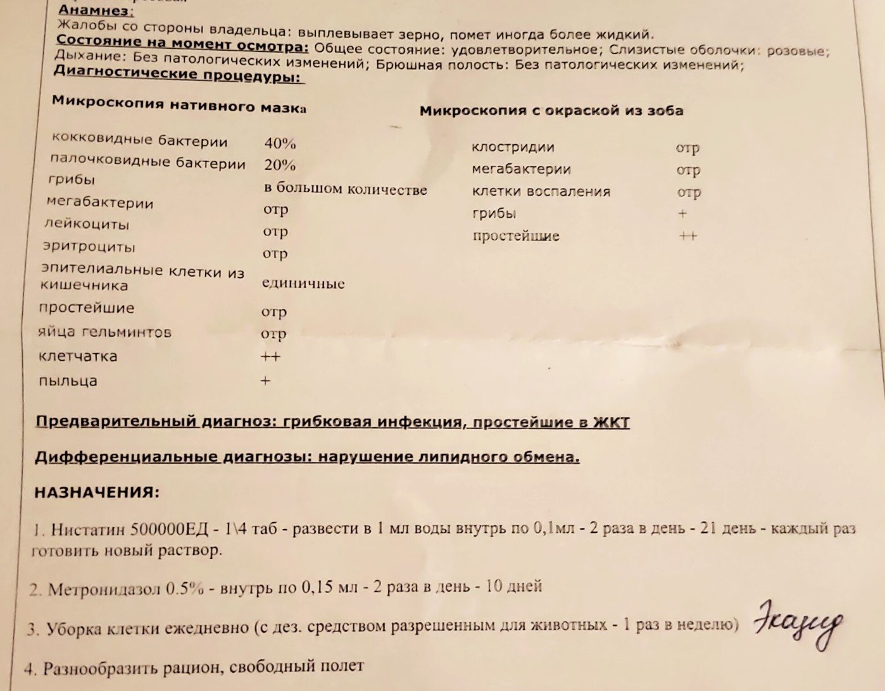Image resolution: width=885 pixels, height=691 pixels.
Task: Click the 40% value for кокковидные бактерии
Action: click(280, 143)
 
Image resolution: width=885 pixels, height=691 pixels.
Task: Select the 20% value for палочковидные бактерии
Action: click(280, 165)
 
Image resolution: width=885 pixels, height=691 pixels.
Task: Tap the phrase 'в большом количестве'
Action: click(345, 189)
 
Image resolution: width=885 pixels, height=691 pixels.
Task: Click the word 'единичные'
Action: click(303, 283)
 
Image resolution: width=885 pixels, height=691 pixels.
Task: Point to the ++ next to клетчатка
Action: click(270, 356)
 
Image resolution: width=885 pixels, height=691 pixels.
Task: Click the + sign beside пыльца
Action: click(265, 381)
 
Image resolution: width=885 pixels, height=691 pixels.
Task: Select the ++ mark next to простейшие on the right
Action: click(687, 235)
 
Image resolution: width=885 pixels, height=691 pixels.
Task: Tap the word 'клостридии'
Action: click(513, 147)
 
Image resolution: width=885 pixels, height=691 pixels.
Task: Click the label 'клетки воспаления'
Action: click(541, 191)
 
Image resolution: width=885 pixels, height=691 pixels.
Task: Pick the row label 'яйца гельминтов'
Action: click(104, 332)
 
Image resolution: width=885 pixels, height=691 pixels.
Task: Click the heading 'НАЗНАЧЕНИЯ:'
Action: click(97, 492)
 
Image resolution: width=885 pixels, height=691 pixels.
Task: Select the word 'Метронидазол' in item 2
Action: click(104, 589)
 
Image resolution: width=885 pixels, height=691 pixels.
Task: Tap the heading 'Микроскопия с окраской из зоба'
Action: click(551, 111)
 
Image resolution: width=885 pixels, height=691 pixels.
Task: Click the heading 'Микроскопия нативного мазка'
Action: click(179, 104)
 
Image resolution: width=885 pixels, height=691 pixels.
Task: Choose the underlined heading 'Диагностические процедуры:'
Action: click(179, 75)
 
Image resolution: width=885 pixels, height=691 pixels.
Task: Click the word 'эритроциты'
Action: click(89, 246)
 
